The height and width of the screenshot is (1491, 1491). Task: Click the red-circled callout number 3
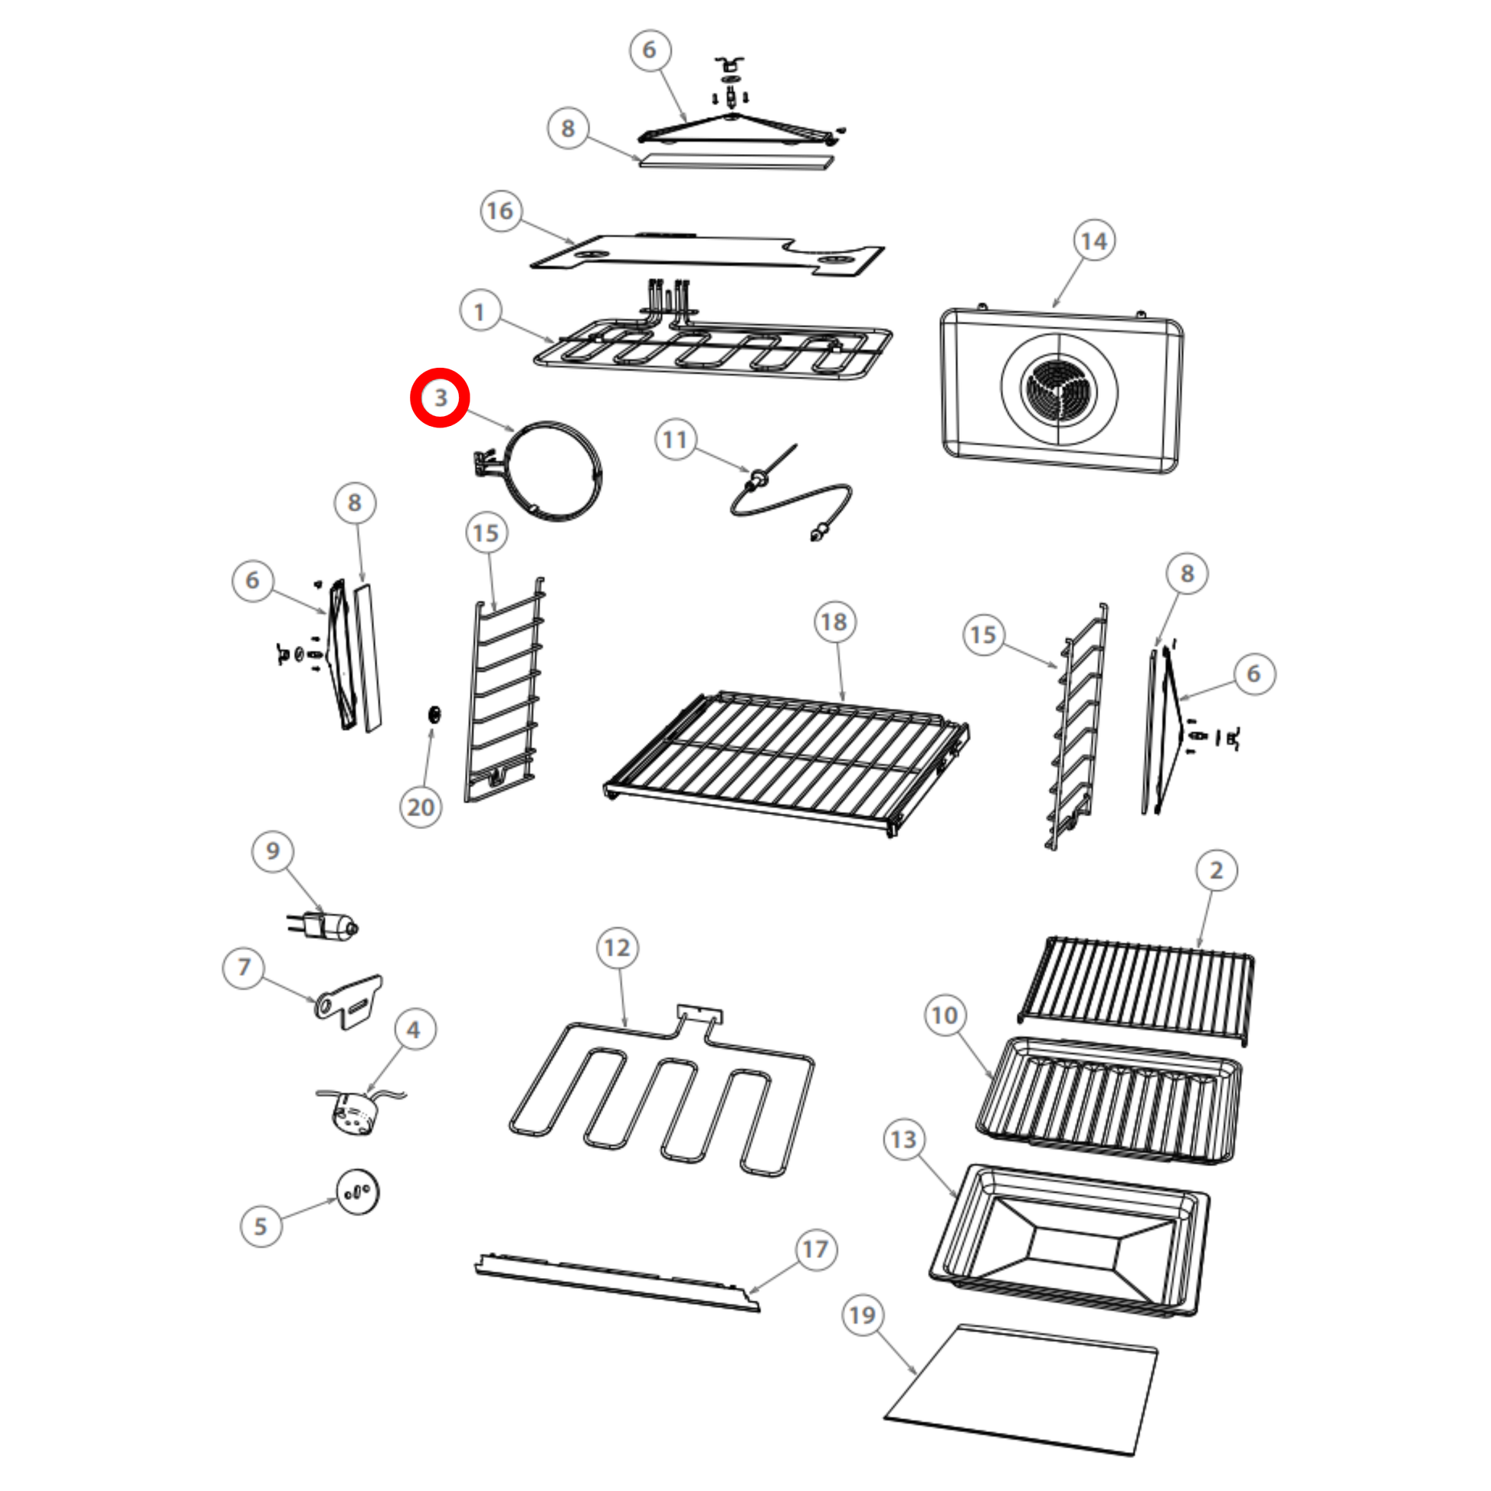tap(440, 398)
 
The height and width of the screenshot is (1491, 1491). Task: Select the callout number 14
tap(1093, 241)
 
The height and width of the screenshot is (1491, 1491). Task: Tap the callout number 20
tap(421, 808)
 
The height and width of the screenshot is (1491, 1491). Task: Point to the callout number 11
tap(675, 440)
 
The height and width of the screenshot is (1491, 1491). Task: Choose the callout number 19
tap(862, 1315)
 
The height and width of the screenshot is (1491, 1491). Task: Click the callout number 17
tap(816, 1250)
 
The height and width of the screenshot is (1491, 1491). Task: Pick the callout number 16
tap(501, 211)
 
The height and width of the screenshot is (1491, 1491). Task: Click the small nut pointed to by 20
tap(434, 714)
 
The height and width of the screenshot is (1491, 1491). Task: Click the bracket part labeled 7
tap(348, 1001)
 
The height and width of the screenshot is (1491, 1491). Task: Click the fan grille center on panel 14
tap(1058, 388)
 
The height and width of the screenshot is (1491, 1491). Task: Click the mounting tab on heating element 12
tap(700, 1014)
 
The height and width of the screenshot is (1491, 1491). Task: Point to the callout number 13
tap(903, 1140)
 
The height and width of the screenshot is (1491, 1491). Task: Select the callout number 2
tap(1217, 870)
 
